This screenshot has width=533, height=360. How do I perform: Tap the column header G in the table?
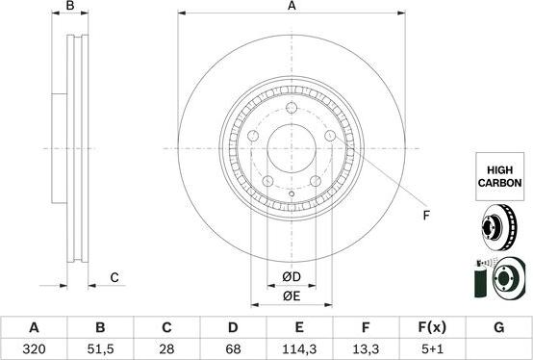coord(497,327)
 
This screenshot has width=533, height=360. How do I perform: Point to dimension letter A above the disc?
coord(292,7)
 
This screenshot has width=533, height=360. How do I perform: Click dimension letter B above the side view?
coord(69,7)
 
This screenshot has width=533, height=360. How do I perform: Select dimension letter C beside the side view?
coord(114,278)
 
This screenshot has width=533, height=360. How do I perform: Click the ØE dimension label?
coord(292,296)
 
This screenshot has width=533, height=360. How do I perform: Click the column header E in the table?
coord(298,327)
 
